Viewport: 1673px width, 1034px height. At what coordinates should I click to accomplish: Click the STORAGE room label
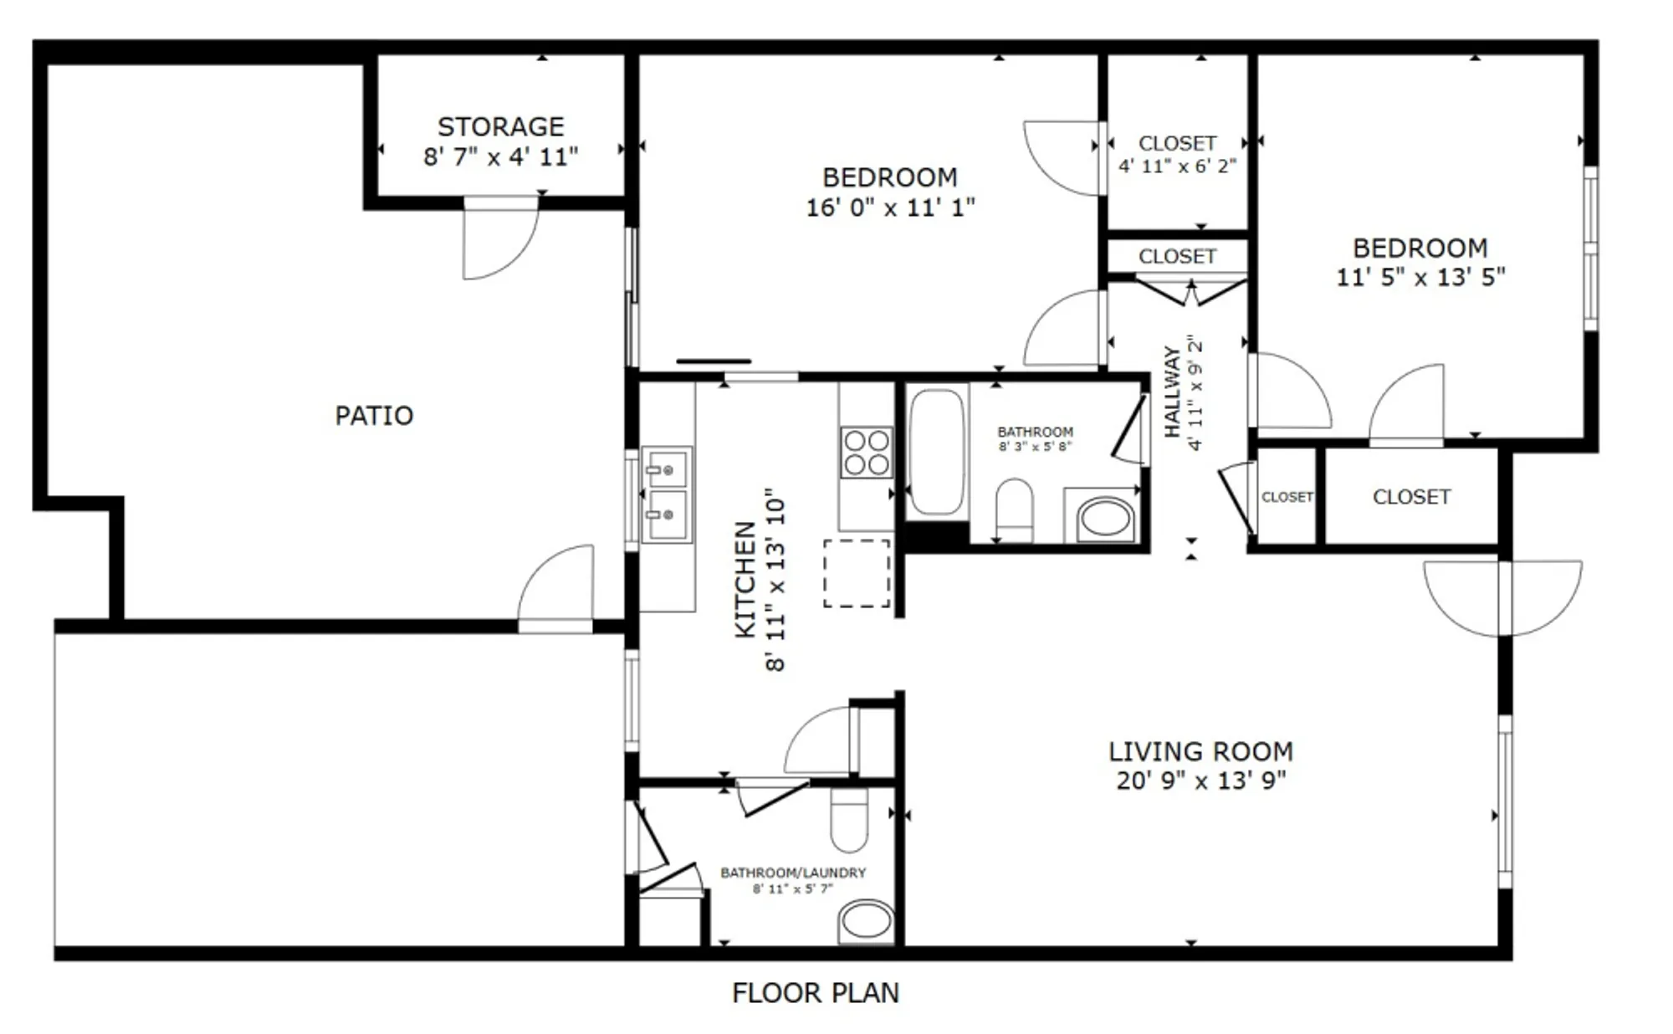500,126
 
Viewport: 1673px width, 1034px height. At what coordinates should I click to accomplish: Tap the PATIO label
374,416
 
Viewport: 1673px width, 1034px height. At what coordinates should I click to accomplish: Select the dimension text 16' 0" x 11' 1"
890,207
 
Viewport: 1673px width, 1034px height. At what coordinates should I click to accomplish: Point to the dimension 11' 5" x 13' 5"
1420,277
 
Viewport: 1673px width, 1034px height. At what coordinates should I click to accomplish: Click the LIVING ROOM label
1200,751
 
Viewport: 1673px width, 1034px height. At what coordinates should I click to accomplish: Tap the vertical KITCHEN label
744,580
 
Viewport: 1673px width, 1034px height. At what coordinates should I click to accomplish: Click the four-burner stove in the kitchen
866,453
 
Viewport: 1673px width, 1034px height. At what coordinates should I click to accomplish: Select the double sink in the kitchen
667,494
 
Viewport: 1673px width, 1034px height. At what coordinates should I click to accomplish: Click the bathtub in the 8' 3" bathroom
937,452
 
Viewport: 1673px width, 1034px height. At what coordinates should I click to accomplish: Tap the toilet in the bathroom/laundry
849,821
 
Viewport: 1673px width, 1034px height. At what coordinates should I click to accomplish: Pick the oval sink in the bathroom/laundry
867,921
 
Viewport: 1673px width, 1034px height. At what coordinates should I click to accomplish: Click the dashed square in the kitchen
857,573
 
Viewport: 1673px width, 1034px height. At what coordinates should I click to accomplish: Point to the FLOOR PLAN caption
815,993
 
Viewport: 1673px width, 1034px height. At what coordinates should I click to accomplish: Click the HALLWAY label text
1172,392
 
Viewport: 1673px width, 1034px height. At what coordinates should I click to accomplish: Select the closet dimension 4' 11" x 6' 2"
1177,166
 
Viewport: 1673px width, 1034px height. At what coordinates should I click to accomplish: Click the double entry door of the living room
1503,596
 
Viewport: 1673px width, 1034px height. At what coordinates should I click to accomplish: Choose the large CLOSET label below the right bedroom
1411,497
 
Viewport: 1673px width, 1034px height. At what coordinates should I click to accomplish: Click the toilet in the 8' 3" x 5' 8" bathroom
1014,509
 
